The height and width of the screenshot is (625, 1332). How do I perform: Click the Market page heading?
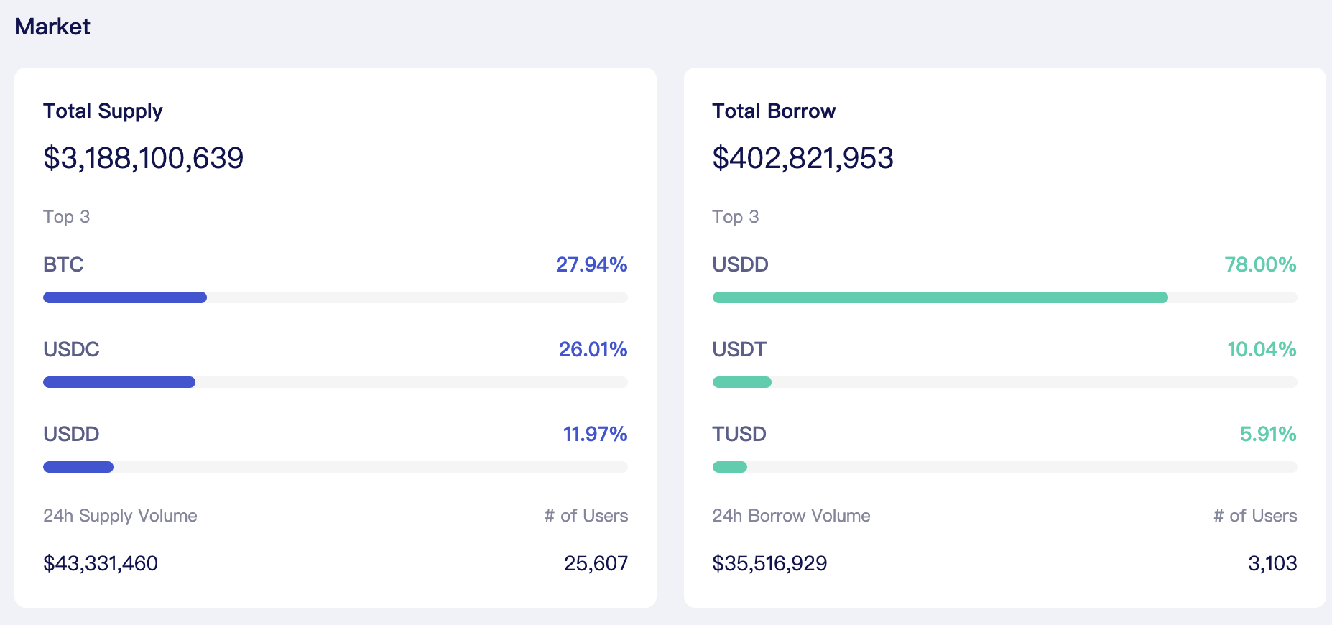52,27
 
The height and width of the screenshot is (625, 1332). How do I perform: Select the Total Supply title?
103,111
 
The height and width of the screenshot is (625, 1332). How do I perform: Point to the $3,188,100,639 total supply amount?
144,158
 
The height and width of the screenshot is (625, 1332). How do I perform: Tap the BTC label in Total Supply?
63,264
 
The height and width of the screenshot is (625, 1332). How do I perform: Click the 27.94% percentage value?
592,264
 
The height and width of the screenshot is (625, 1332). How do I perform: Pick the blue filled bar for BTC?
125,297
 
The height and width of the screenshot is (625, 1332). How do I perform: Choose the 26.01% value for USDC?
593,349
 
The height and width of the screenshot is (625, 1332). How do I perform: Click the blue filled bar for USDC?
119,382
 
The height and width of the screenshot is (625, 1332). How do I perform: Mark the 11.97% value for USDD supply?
596,434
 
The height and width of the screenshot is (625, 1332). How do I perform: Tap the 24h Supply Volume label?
120,516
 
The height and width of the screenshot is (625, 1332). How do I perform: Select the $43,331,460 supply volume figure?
101,563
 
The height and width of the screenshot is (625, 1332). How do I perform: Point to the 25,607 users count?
596,563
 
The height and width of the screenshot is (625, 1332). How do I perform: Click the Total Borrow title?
774,111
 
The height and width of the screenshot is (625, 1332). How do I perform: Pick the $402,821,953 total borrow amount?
803,158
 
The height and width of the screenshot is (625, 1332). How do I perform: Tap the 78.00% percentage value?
1261,264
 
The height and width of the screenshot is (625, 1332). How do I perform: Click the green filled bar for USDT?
742,382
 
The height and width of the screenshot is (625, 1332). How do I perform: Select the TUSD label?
739,434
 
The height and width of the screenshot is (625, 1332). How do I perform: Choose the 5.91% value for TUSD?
1268,434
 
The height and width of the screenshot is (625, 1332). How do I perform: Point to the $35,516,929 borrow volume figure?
769,563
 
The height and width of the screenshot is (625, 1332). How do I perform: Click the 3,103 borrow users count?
1272,563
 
